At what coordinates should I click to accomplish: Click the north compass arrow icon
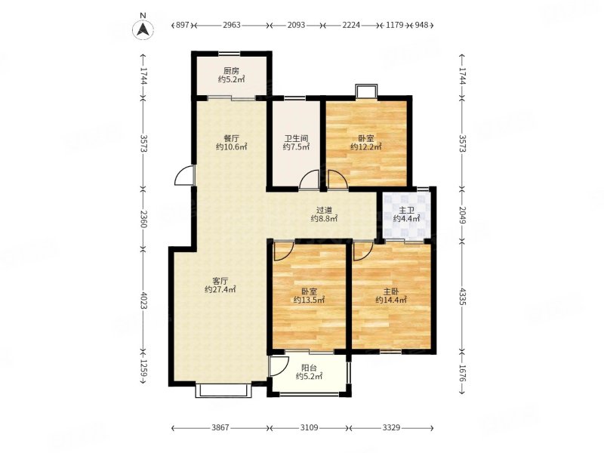[x=143, y=29]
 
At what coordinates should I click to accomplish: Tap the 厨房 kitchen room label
[x=231, y=71]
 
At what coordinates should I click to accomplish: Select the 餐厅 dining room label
[x=232, y=138]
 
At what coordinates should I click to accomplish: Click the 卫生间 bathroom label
[x=296, y=138]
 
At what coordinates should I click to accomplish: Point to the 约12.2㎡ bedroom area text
[x=366, y=146]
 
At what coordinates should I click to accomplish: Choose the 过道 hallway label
[x=324, y=211]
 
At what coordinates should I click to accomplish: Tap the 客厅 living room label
[x=220, y=280]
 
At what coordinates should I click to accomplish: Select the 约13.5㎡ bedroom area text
[x=309, y=300]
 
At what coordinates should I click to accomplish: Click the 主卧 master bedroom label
[x=391, y=291]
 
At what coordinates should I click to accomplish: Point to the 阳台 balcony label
[x=309, y=368]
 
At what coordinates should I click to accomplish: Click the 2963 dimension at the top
[x=232, y=25]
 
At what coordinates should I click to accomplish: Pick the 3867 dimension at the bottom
[x=220, y=427]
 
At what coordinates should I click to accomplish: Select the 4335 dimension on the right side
[x=463, y=297]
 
